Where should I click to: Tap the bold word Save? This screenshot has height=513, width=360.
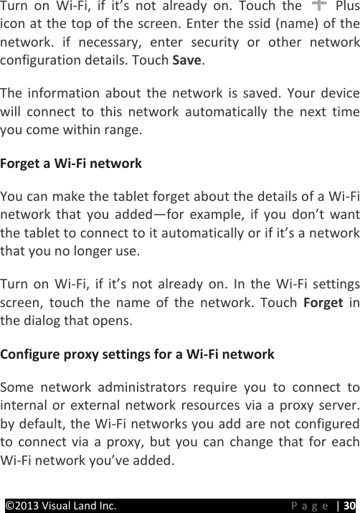tap(188, 62)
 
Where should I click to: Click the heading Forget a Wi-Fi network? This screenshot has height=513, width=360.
tap(72, 164)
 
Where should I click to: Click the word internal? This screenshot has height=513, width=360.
tap(24, 405)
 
